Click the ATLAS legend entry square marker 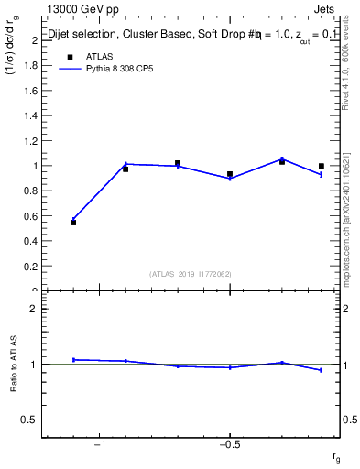pos(70,56)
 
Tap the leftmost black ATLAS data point pos(73,223)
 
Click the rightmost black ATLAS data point pos(322,166)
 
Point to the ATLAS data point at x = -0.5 pos(230,174)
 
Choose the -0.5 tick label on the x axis pos(229,445)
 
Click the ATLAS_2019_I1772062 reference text pos(191,273)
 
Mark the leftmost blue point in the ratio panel pos(73,359)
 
